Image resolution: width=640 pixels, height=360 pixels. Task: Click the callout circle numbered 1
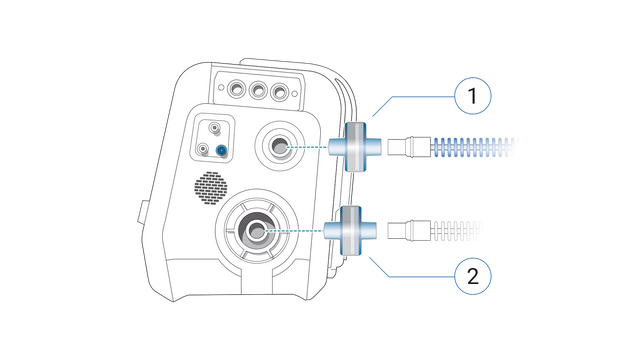click(x=473, y=98)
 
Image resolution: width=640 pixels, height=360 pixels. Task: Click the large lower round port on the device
click(x=257, y=231)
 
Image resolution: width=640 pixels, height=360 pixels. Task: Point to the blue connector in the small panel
click(x=221, y=150)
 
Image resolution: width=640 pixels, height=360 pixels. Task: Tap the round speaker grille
click(x=211, y=189)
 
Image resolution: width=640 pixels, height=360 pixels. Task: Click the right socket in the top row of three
click(x=284, y=91)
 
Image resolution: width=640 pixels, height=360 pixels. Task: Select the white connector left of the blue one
click(x=204, y=150)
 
